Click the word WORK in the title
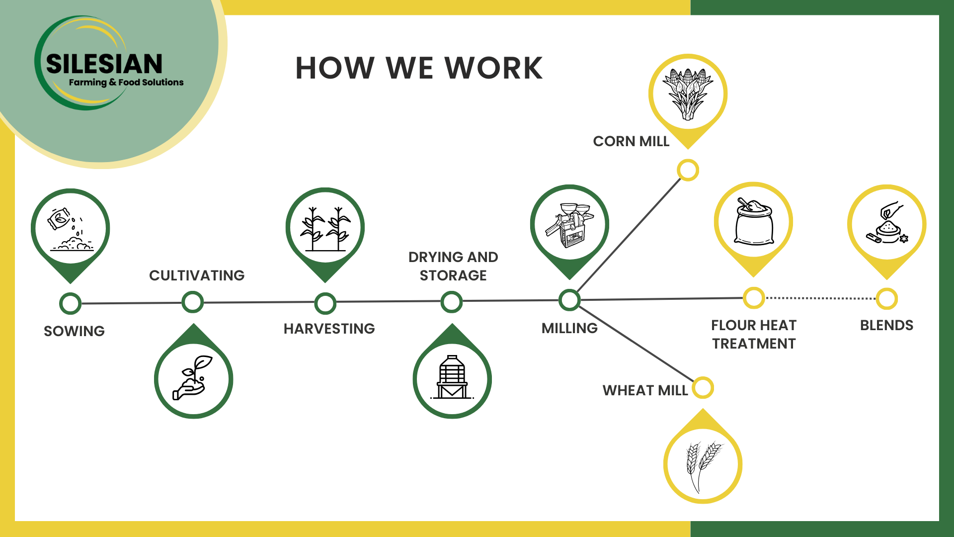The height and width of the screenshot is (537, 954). click(x=493, y=68)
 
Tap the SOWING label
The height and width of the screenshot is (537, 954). click(x=74, y=331)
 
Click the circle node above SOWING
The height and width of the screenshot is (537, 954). click(x=70, y=303)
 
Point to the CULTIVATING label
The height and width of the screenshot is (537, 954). click(x=197, y=275)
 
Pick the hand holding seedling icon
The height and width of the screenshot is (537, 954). click(x=193, y=378)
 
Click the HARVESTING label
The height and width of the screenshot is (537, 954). click(x=329, y=329)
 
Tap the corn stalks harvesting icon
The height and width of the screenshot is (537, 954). click(x=325, y=228)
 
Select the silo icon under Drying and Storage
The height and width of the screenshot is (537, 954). click(x=452, y=378)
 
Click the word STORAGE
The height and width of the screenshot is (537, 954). click(x=453, y=275)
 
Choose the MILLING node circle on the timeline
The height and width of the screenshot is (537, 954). click(x=569, y=300)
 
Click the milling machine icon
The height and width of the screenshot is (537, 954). click(x=570, y=225)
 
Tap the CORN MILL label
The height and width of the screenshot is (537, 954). click(x=631, y=142)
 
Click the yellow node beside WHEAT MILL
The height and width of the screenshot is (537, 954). click(x=703, y=388)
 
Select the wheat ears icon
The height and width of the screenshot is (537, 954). click(x=703, y=464)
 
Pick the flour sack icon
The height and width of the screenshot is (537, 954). click(x=754, y=222)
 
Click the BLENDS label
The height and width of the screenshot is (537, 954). click(x=886, y=326)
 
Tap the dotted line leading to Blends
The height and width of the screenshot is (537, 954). click(x=820, y=298)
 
